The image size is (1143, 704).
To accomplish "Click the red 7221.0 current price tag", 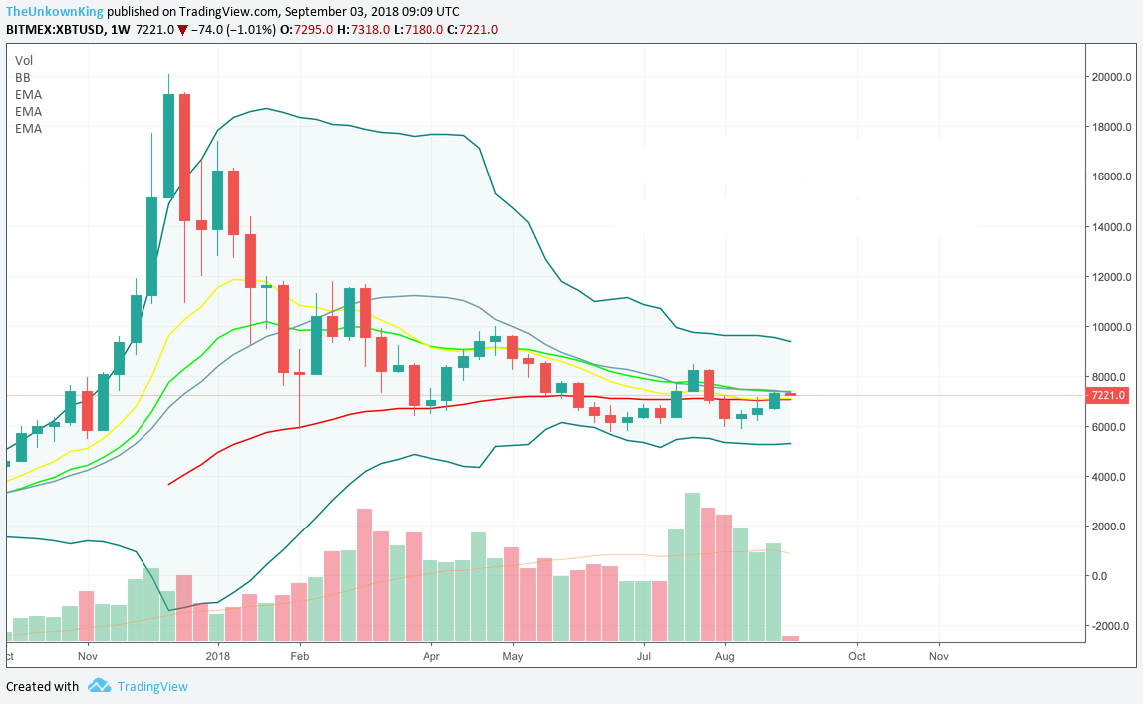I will tap(1110, 395).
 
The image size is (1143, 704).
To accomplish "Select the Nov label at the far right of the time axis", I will tap(938, 657).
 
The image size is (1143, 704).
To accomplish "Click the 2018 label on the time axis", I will tap(217, 657).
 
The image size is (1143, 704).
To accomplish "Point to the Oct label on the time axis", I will tap(856, 657).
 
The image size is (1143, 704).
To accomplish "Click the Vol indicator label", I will tap(24, 60).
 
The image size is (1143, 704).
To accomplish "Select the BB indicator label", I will tap(23, 77).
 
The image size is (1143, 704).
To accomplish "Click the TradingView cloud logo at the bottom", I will tap(99, 686).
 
